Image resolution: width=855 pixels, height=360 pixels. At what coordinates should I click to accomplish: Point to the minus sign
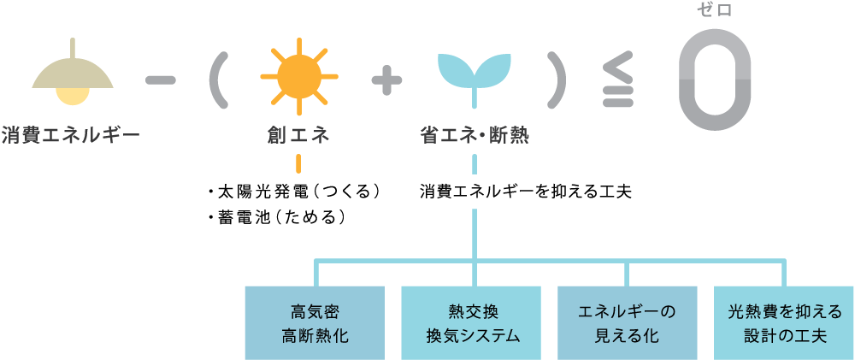pyautogui.click(x=161, y=80)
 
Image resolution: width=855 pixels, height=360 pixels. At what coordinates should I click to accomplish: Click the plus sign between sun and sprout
pyautogui.click(x=386, y=80)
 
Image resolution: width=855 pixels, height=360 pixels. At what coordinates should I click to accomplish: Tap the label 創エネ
pyautogui.click(x=298, y=135)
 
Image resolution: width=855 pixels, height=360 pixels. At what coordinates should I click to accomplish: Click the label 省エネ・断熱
pyautogui.click(x=474, y=135)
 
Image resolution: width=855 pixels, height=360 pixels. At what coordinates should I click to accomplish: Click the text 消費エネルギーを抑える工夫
pyautogui.click(x=525, y=191)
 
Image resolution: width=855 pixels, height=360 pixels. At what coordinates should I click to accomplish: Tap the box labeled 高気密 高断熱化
pyautogui.click(x=315, y=322)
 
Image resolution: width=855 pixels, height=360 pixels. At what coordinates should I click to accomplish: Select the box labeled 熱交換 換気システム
pyautogui.click(x=472, y=322)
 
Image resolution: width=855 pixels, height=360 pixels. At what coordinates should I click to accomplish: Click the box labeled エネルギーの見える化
pyautogui.click(x=627, y=322)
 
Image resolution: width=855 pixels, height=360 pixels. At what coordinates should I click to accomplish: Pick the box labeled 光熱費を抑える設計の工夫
pyautogui.click(x=784, y=322)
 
